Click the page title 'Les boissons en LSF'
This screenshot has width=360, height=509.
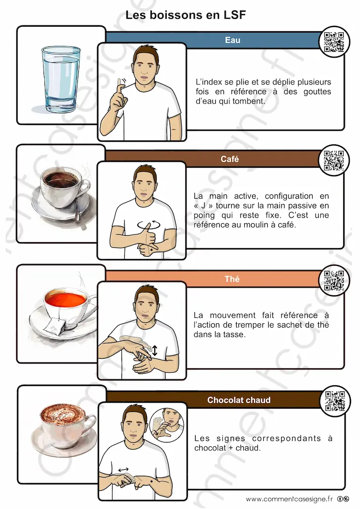(185, 15)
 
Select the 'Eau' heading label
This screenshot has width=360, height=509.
(232, 40)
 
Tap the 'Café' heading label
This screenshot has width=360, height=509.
(230, 159)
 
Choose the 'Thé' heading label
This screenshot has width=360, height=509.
(232, 279)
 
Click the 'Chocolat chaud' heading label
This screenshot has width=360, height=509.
(239, 400)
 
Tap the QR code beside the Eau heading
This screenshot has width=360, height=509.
(334, 42)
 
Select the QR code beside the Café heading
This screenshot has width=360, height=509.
(334, 161)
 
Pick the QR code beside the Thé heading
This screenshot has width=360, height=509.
(334, 280)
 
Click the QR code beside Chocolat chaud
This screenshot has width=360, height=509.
(335, 401)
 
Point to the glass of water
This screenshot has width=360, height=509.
(61, 79)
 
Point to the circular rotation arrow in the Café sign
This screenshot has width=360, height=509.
(149, 225)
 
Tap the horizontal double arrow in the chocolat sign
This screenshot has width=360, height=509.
(123, 470)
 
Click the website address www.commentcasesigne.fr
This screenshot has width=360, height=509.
(289, 499)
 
